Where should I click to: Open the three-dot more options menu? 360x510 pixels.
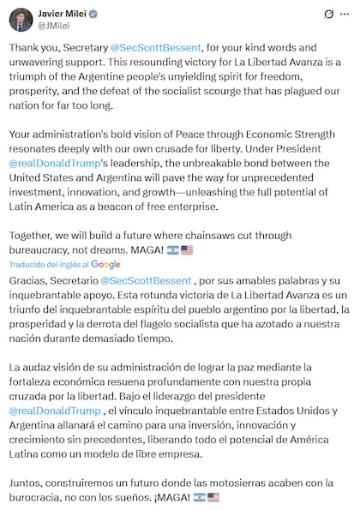click(345, 15)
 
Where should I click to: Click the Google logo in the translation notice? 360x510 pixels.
click(105, 265)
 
